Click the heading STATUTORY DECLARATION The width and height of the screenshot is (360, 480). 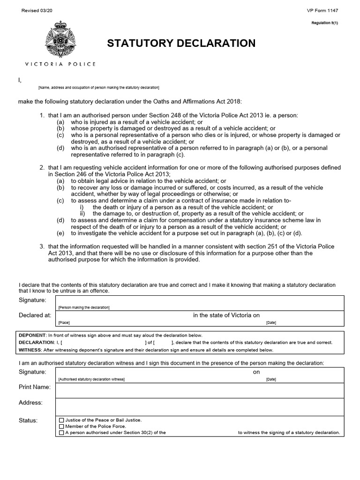(x=181, y=44)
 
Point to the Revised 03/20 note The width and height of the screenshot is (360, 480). (x=36, y=11)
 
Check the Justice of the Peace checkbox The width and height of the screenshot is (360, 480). (x=61, y=420)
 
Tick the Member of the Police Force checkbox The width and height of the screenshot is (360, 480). (x=61, y=427)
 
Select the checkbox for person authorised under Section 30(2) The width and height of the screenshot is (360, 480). (x=61, y=433)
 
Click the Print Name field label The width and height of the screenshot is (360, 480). (x=34, y=387)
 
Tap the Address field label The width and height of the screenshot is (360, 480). (x=30, y=403)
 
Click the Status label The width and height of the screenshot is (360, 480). (x=28, y=420)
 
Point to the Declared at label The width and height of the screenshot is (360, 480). (x=35, y=315)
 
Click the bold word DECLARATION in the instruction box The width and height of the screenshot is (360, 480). (x=36, y=343)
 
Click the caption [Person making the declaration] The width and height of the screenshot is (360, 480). (x=83, y=307)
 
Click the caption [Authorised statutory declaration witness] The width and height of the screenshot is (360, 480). (x=91, y=379)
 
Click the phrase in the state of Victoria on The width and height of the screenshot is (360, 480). (x=226, y=315)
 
